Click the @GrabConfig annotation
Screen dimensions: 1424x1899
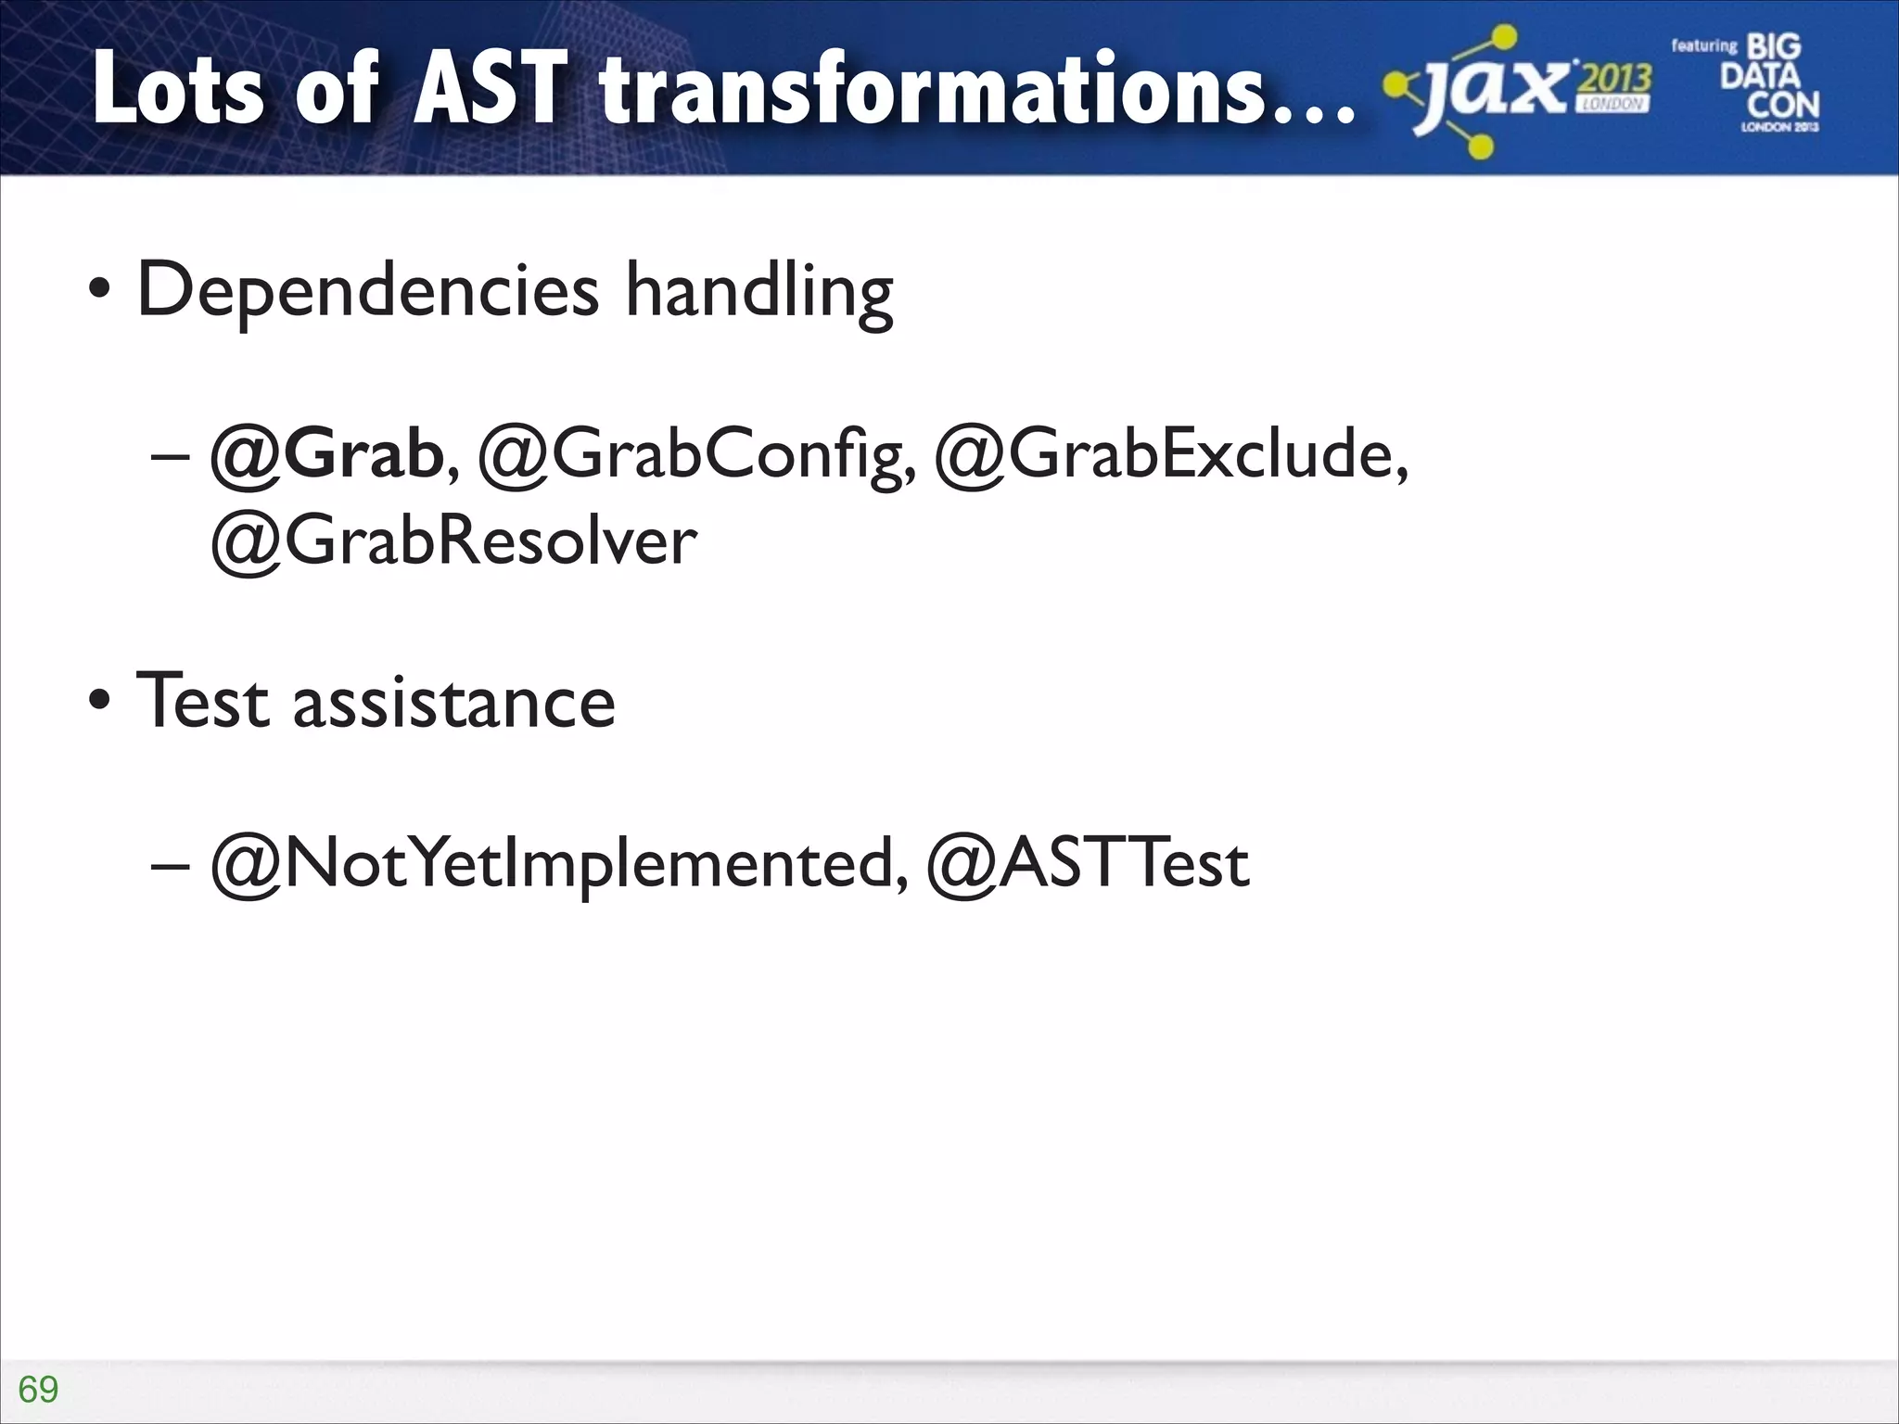click(692, 455)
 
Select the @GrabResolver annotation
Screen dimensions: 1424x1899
click(453, 541)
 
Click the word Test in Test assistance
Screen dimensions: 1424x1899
click(203, 701)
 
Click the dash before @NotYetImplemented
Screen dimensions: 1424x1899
click(170, 865)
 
